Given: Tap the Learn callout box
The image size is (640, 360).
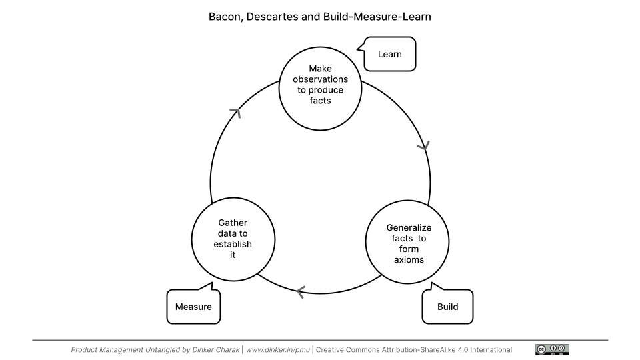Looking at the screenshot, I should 390,54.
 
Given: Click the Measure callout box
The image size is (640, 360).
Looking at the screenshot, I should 193,307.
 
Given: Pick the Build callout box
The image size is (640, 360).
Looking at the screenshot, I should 447,307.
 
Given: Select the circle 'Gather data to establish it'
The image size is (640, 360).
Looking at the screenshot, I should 233,239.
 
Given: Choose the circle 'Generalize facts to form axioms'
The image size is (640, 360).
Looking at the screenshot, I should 409,243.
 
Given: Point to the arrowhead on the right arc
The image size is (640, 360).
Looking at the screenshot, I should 423,145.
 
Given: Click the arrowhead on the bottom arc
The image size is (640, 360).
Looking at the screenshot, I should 300,291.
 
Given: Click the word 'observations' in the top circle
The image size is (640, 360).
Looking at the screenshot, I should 320,79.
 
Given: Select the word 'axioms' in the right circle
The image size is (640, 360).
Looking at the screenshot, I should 409,259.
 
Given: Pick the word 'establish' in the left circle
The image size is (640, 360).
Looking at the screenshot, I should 233,244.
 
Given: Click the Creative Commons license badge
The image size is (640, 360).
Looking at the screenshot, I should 552,349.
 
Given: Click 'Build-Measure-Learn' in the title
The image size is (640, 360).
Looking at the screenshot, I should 377,17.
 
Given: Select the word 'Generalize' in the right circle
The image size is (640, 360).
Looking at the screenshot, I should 409,227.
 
